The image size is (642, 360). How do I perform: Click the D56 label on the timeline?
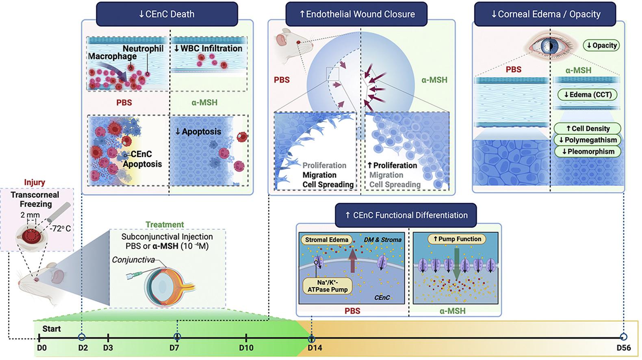tap(623, 348)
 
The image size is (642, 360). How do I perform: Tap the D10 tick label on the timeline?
tap(246, 348)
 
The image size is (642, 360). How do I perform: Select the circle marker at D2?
tap(82, 337)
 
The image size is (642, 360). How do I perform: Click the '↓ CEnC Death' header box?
tap(167, 14)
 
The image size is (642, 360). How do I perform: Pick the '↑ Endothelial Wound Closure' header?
tap(357, 14)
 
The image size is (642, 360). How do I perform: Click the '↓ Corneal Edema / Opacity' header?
tap(545, 14)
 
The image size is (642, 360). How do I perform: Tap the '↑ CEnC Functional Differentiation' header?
tap(406, 215)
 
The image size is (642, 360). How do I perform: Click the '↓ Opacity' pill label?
tap(601, 45)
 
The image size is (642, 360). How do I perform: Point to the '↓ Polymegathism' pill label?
tap(588, 140)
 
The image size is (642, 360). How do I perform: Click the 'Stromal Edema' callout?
tap(327, 240)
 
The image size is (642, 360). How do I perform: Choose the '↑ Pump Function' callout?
tap(457, 239)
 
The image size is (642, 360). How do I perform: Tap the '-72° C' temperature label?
tap(60, 228)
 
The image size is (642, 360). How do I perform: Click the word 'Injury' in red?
tap(35, 182)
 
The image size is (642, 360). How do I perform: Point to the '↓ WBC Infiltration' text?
tap(208, 48)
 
